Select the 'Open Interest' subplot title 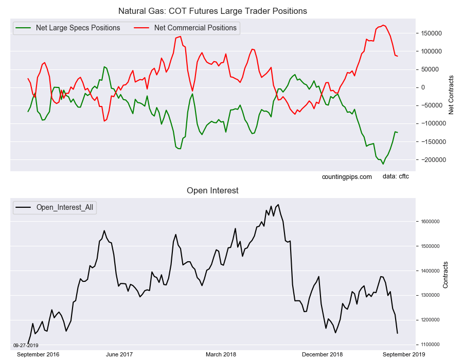212,191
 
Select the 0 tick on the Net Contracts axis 423,87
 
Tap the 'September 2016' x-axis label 38,354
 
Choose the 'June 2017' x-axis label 119,354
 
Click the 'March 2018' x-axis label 221,354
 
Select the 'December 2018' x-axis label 323,354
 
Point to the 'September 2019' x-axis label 403,354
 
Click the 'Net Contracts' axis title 451,95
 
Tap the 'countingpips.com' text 346,177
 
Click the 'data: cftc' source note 396,176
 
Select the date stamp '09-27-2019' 26,345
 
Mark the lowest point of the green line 383,164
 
